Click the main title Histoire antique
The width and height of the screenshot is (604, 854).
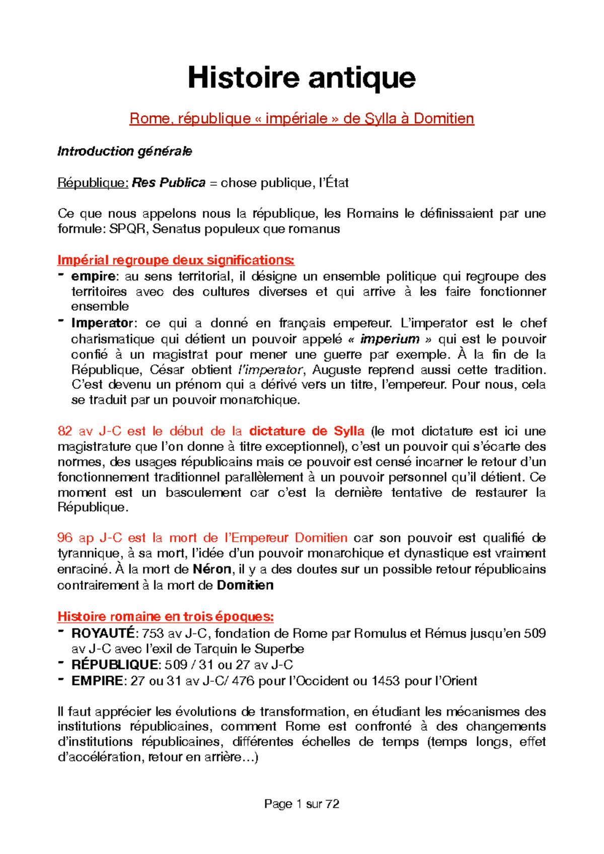[301, 78]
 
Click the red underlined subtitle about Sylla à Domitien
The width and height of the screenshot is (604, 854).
[301, 119]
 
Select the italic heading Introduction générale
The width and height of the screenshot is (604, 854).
[124, 152]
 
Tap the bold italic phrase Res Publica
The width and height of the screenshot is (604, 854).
[169, 183]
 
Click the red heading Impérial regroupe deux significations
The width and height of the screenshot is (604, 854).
[176, 260]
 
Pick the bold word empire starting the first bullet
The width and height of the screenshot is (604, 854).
[94, 276]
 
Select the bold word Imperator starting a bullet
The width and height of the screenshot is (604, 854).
[102, 323]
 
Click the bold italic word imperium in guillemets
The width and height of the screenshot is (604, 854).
[390, 339]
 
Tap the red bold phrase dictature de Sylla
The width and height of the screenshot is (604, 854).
[307, 431]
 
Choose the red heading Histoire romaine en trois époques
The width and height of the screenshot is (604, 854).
[166, 617]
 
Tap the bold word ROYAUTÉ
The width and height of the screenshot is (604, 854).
[103, 633]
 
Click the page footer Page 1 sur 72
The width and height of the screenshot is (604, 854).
[301, 804]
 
